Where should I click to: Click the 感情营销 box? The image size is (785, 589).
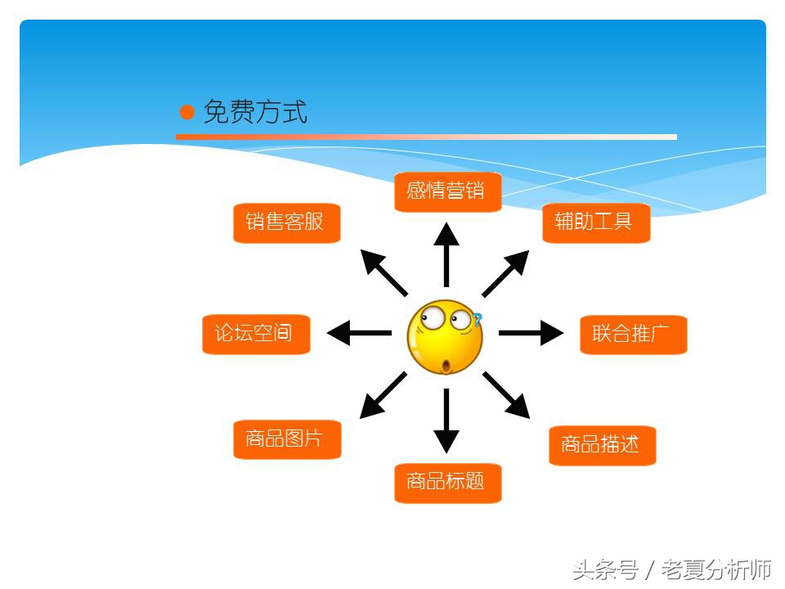(x=447, y=191)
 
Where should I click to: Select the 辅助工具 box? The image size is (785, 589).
(x=595, y=222)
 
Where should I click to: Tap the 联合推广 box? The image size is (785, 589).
(x=633, y=334)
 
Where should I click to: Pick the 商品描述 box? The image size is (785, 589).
(x=602, y=445)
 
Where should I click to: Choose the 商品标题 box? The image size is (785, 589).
(x=447, y=482)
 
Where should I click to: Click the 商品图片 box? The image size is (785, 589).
(x=286, y=439)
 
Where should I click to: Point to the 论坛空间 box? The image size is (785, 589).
(x=255, y=334)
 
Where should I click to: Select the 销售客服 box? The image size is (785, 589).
(x=286, y=222)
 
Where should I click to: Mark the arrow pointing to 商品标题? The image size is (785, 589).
(x=446, y=420)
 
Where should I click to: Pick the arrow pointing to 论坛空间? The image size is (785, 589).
(x=360, y=333)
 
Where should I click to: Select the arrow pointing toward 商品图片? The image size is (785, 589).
(x=384, y=395)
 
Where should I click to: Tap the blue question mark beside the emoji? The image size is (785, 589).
(x=477, y=320)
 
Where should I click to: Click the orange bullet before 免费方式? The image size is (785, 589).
(x=187, y=112)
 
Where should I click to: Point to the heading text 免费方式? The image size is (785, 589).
(x=255, y=112)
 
